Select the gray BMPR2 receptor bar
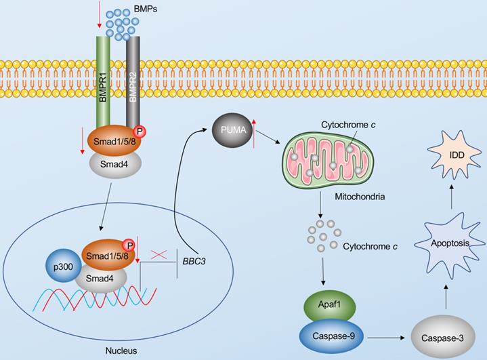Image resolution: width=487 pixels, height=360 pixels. pyautogui.click(x=133, y=81)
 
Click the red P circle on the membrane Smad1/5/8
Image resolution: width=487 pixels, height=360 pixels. pyautogui.click(x=140, y=131)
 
